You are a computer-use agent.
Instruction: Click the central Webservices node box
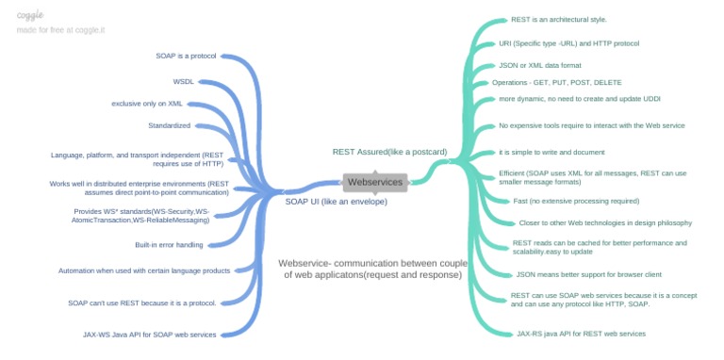point(375,182)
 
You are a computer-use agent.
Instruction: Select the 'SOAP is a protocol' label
point(186,56)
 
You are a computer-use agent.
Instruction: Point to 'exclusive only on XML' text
point(147,103)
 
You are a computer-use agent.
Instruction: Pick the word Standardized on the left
point(169,125)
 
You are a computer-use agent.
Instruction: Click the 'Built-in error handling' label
point(169,245)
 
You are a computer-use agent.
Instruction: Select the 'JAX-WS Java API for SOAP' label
point(150,334)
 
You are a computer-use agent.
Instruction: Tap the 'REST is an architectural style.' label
point(558,19)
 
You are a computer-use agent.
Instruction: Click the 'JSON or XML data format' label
point(540,65)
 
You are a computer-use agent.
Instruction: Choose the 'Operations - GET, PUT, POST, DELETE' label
point(557,82)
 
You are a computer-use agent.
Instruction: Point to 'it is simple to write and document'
point(551,152)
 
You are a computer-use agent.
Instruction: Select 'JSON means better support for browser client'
point(589,274)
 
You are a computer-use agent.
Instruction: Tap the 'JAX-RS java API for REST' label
point(581,333)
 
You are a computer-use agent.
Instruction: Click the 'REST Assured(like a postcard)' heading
point(389,151)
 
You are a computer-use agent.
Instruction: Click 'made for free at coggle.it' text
point(60,30)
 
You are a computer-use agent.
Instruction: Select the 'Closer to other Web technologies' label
point(605,222)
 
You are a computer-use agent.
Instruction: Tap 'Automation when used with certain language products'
point(144,270)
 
